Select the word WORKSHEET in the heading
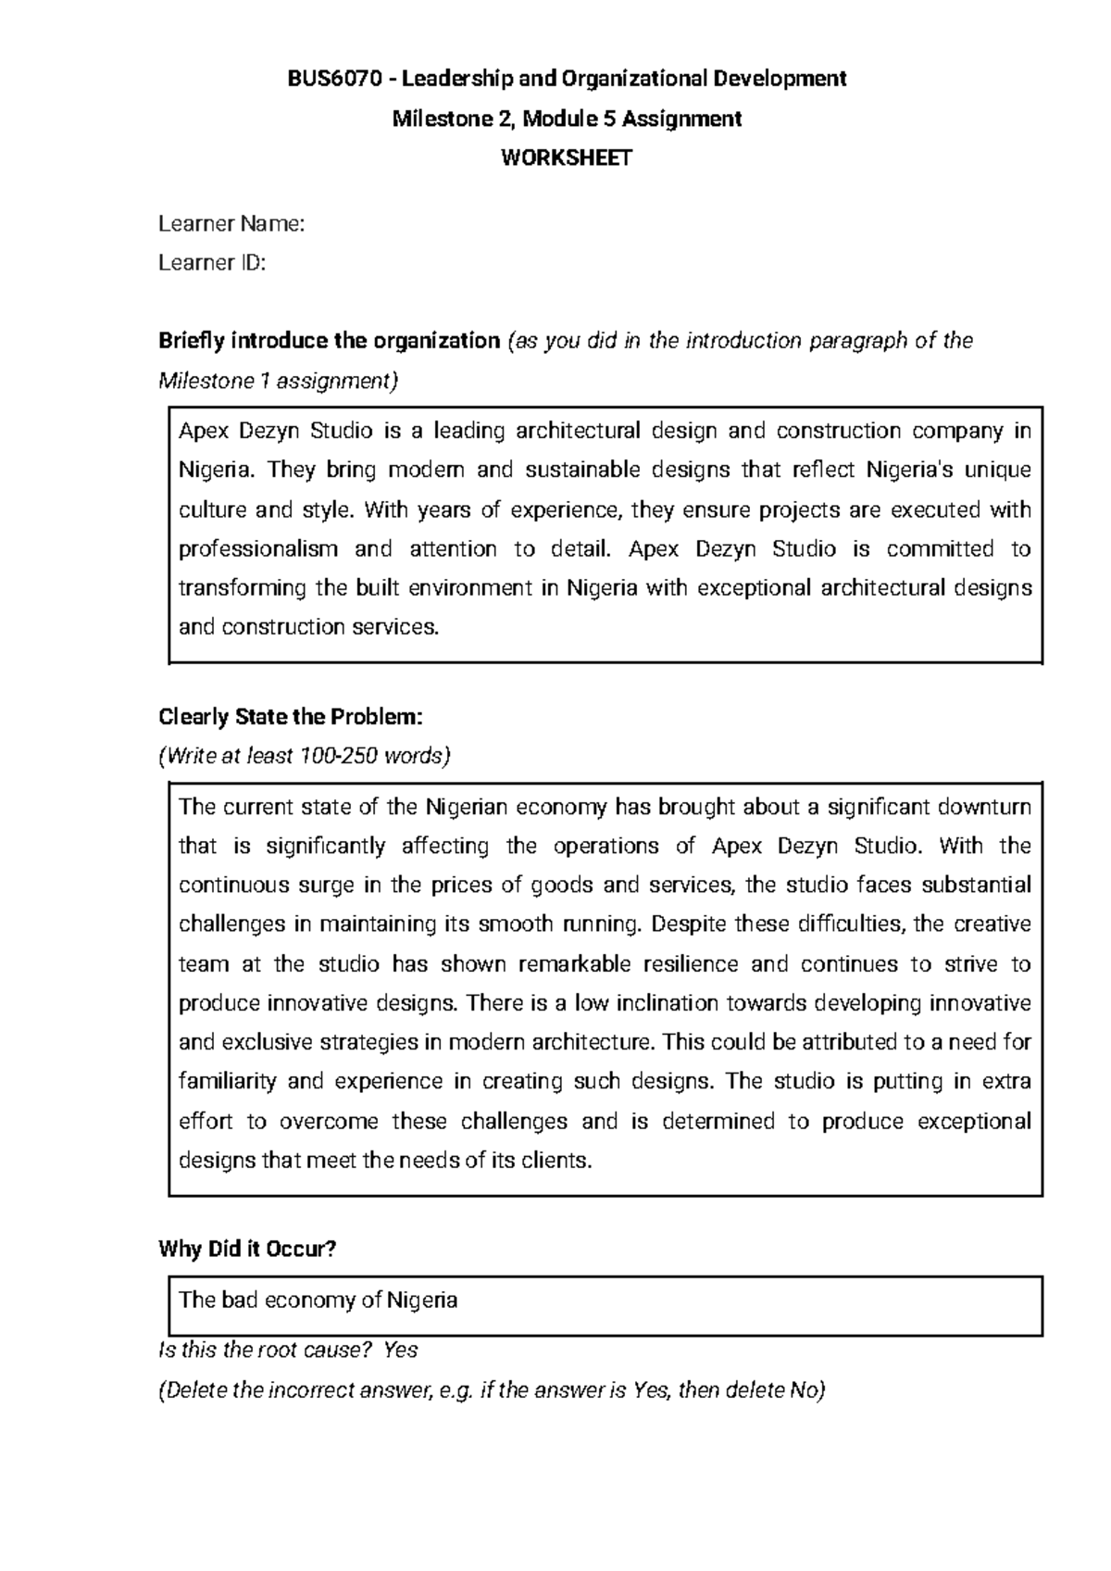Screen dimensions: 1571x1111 [567, 158]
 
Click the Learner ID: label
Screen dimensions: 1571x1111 [212, 264]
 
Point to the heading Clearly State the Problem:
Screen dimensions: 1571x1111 [291, 718]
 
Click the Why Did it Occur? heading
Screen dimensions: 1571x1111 [247, 1250]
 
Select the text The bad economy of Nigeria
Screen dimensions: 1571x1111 [318, 1301]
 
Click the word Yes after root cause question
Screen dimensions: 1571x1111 [400, 1351]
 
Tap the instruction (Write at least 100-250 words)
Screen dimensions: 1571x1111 [305, 757]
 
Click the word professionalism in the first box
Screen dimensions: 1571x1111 [258, 549]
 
